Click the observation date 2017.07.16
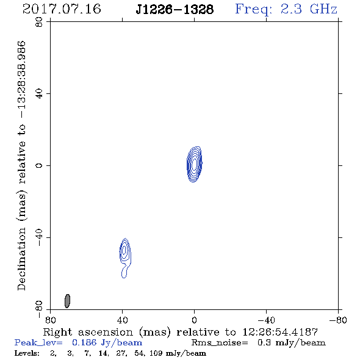(x=62, y=9)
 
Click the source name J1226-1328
(x=175, y=10)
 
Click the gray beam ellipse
(x=67, y=301)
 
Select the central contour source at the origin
(x=195, y=164)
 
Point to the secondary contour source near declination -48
(x=125, y=257)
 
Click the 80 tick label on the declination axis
(x=39, y=22)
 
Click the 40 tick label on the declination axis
(x=39, y=94)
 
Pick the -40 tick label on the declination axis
(x=39, y=237)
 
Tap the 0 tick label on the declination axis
(x=39, y=165)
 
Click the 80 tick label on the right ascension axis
(x=50, y=320)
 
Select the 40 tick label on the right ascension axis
(x=122, y=320)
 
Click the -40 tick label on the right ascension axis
(x=266, y=320)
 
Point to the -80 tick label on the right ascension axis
(x=338, y=320)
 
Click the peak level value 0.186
(x=84, y=342)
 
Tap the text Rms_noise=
(x=220, y=343)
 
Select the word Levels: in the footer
(x=27, y=353)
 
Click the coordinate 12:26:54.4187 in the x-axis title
(x=280, y=332)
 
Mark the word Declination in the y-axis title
(x=21, y=259)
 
